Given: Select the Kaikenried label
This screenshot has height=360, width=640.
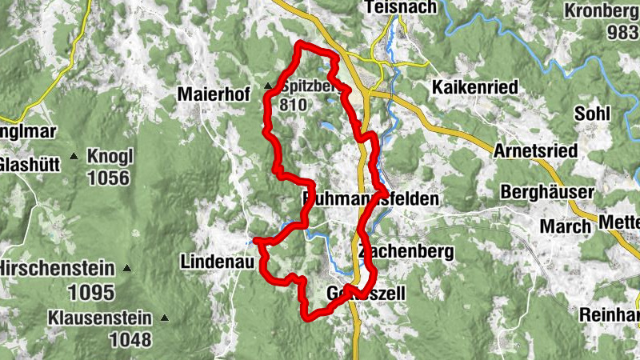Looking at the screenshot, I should [x=474, y=87].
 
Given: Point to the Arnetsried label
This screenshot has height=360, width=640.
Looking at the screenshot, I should [x=535, y=150].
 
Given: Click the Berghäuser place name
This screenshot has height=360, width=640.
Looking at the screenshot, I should [x=547, y=193].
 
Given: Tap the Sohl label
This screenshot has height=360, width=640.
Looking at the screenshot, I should [x=591, y=113].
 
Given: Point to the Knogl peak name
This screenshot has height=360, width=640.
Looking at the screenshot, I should [x=110, y=156].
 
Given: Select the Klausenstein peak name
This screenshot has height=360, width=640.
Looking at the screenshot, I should [x=99, y=317].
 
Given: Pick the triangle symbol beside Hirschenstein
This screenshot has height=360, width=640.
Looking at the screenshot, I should [x=127, y=269].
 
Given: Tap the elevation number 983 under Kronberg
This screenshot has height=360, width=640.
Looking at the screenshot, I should [x=622, y=33].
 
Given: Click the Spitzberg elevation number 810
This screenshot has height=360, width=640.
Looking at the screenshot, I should [x=292, y=104].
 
